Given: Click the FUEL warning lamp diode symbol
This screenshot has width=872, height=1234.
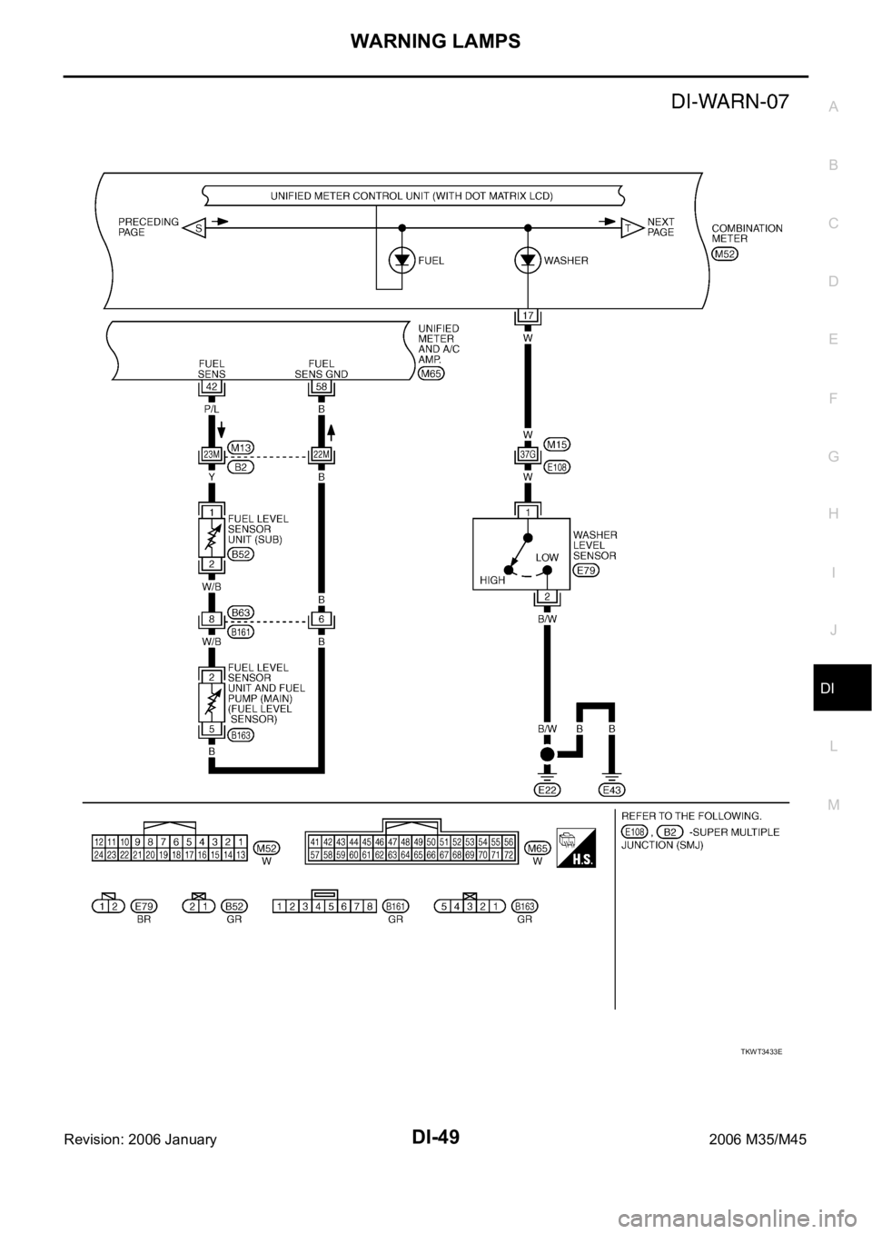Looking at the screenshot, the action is click(401, 261).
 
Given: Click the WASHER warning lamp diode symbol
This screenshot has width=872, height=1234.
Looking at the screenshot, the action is click(528, 261).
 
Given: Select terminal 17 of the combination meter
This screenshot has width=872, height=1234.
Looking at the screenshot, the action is click(528, 316).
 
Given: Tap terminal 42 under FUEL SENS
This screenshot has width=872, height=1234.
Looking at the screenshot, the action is click(212, 387).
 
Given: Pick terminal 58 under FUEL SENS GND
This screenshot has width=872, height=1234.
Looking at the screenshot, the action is click(322, 387).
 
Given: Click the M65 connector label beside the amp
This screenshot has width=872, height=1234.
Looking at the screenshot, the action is click(431, 374).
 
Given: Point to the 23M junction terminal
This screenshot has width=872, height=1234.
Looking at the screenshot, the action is click(212, 454).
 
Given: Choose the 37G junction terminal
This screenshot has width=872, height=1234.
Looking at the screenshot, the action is click(528, 454).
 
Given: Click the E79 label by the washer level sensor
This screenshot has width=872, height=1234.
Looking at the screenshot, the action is click(586, 571).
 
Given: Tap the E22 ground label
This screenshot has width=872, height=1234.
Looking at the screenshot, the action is click(547, 790).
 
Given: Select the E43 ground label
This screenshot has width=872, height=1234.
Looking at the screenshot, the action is click(611, 790).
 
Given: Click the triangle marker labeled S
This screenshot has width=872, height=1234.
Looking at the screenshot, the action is click(194, 227).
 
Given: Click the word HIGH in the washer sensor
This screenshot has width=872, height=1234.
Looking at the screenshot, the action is click(492, 580).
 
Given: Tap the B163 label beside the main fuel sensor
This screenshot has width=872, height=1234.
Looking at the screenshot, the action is click(241, 735).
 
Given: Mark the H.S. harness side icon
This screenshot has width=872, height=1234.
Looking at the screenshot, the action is click(576, 849).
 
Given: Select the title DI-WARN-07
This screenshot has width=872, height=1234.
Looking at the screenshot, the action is click(730, 102).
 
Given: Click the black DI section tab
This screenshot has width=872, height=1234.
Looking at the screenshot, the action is click(842, 688).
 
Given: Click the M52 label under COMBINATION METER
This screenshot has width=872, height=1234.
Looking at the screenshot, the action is click(725, 254).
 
